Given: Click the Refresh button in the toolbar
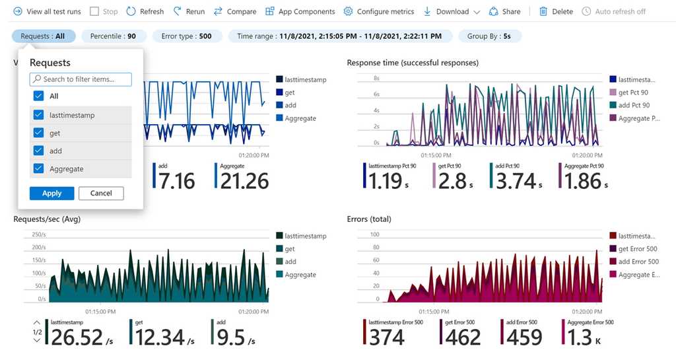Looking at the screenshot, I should pos(145,11).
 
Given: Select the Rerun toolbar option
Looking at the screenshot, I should pos(189,11).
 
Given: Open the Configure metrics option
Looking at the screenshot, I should pos(379,11).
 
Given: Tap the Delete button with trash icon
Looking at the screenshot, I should pos(556,11).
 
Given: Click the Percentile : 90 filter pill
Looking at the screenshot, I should pos(113,36).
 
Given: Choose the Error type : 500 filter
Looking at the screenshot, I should pos(186,36).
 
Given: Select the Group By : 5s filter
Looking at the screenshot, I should pos(489,36).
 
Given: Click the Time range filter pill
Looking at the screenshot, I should pos(340,36).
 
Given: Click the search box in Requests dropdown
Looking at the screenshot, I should pos(81,79).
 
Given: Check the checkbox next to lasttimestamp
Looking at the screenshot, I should pos(39,115).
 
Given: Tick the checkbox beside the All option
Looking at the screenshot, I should pos(39,96).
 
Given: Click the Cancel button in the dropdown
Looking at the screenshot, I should pos(101,193).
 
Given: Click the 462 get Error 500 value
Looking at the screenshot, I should pos(463,337).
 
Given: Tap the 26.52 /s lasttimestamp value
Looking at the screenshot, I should pos(76,337).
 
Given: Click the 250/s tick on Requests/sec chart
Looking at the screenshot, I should pos(38,234).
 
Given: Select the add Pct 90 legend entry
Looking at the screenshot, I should pos(633,105).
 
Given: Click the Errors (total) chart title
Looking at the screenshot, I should pos(376,219).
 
